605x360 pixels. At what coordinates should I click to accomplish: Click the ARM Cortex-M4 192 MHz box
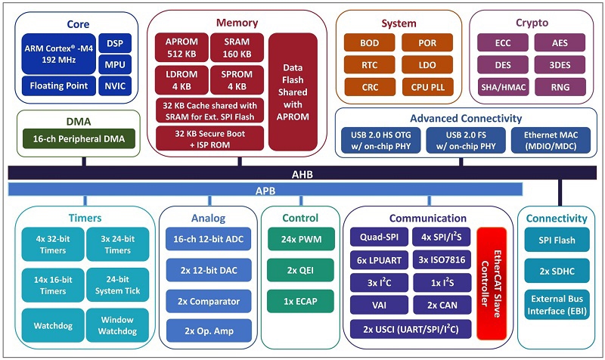click(x=57, y=54)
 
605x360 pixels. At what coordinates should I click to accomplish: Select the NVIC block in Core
click(x=115, y=85)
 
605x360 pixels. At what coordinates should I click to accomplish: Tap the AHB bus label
click(x=302, y=174)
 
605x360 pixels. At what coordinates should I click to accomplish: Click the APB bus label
click(x=264, y=189)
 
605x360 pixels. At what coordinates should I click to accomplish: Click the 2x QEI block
click(x=299, y=270)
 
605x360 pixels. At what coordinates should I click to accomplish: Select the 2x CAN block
click(x=440, y=306)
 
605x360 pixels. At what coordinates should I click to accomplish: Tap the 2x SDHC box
click(x=559, y=270)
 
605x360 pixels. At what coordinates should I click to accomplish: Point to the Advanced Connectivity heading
click(x=465, y=119)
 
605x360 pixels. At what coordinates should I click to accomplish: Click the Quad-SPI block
click(x=377, y=237)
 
